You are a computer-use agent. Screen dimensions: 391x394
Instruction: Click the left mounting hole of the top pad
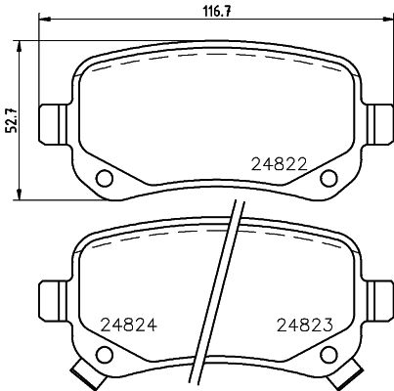(105, 177)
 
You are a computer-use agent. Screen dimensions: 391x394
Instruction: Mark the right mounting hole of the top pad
(328, 177)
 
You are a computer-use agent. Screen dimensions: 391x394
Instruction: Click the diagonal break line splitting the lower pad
(217, 293)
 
